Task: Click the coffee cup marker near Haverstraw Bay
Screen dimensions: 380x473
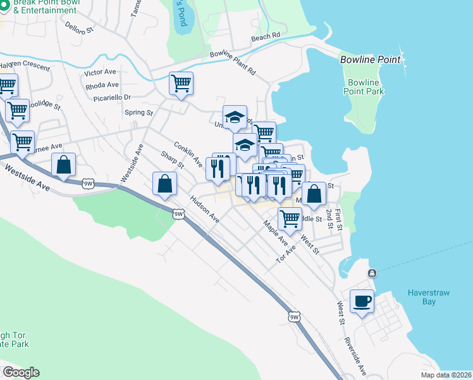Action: point(362,301)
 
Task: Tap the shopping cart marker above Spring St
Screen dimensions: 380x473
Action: point(181,84)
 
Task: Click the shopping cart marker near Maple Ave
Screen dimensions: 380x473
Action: point(290,218)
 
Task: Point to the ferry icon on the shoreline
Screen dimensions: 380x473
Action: point(371,273)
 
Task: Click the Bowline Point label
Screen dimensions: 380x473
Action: point(370,60)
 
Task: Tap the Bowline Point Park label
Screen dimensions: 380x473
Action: point(364,87)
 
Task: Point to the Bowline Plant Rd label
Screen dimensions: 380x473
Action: point(233,63)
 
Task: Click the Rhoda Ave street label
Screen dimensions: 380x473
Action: point(103,85)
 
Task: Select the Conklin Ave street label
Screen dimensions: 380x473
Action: point(188,154)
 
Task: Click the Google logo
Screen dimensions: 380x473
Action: point(21,372)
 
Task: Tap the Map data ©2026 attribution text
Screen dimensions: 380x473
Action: point(446,375)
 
